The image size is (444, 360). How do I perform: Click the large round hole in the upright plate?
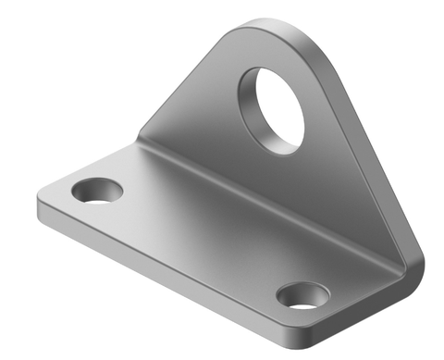coord(272,106)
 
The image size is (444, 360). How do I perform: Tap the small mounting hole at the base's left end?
coord(97,192)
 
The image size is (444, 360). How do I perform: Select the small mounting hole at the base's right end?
coord(302,296)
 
